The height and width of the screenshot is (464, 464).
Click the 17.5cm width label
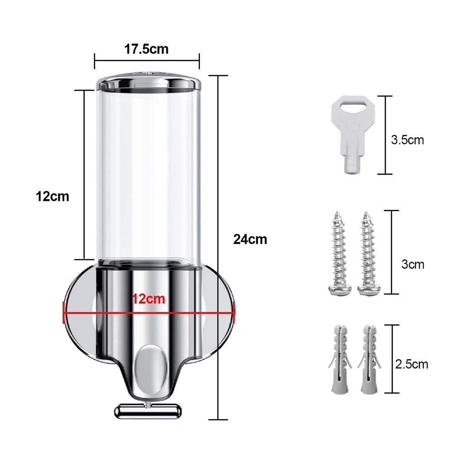[x=146, y=49]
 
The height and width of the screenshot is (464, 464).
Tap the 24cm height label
[x=250, y=239]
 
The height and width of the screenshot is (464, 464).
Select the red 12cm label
[x=148, y=299]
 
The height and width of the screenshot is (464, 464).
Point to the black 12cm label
[x=53, y=197]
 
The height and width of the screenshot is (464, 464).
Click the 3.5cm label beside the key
[x=407, y=140]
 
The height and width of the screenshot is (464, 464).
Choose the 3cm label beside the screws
[x=413, y=264]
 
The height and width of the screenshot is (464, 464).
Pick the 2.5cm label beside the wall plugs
[x=411, y=364]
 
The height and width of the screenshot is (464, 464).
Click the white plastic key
[x=353, y=134]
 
